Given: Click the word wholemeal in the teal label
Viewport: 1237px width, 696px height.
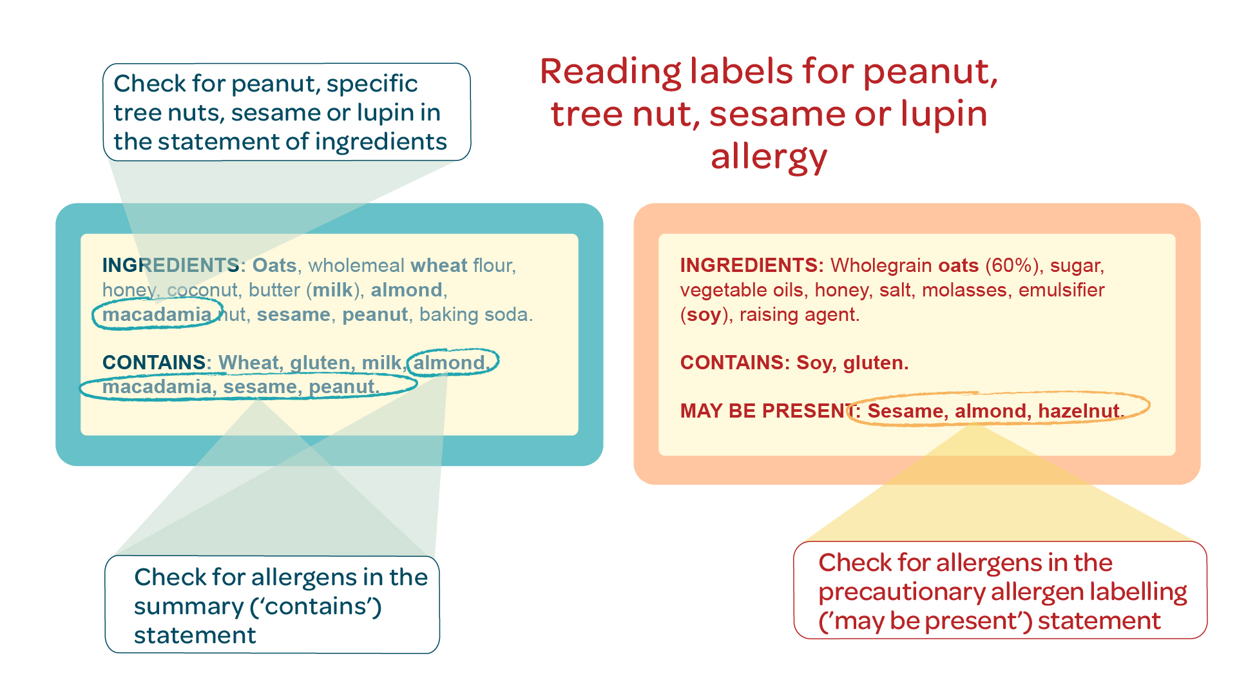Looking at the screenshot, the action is [x=356, y=266].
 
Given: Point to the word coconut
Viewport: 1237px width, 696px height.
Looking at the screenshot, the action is [x=202, y=290].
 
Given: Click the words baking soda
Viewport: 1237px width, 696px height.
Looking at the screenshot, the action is [x=475, y=314].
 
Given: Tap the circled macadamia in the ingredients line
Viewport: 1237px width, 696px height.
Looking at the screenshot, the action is [x=157, y=314].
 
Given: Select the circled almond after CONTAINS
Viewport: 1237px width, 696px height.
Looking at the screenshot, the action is [x=449, y=363].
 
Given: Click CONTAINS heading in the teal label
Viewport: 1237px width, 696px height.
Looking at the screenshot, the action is [x=154, y=363].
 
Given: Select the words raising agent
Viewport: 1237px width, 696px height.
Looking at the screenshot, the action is [x=799, y=315].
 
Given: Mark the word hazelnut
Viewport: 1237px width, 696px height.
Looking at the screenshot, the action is [x=1079, y=411].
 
